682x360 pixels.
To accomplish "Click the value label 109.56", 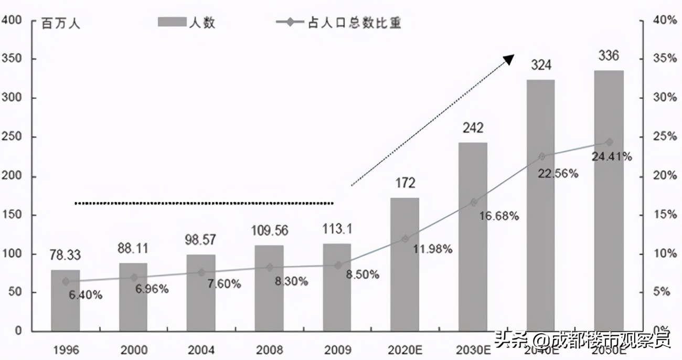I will pos(270,231).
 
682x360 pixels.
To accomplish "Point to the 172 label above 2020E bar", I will pos(405,183).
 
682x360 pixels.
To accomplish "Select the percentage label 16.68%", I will pos(498,216).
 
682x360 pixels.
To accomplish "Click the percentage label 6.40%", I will pos(85,295).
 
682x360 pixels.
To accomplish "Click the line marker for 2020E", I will pos(405,239).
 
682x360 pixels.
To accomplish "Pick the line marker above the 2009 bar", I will pos(338,265).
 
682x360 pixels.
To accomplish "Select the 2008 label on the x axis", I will pos(270,350).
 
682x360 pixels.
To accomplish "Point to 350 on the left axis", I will pos(12,59).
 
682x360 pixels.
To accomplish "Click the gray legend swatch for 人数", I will pos(172,22).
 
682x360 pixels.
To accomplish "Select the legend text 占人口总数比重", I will pos(354,23).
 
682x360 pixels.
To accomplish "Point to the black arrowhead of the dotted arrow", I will pos(508,59).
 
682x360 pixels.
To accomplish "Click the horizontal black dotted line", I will pos(204,203).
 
